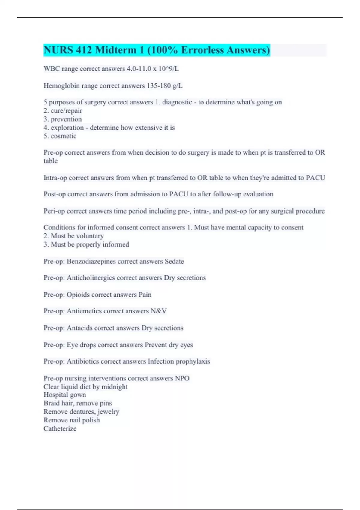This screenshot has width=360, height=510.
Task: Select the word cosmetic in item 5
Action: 64,136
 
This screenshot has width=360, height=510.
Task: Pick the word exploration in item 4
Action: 67,128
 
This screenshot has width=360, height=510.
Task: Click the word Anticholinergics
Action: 91,278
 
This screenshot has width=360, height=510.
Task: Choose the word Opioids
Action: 78,295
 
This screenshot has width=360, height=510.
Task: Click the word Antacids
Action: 79,328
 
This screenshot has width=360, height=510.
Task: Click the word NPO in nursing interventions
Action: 182,378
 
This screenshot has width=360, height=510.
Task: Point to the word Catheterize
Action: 60,429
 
